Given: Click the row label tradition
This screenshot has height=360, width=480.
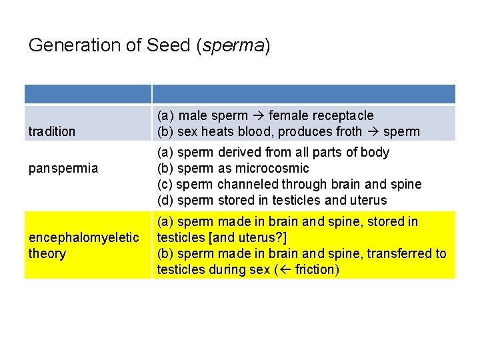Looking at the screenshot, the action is [52, 131].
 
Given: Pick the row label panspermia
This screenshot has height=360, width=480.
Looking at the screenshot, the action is [63, 168].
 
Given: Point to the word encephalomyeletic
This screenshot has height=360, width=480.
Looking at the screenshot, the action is [84, 237].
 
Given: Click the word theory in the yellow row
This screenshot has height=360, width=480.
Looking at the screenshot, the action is [47, 253].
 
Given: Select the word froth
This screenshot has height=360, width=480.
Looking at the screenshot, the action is [345, 131].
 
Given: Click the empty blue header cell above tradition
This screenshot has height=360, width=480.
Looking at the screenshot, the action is [88, 94].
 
